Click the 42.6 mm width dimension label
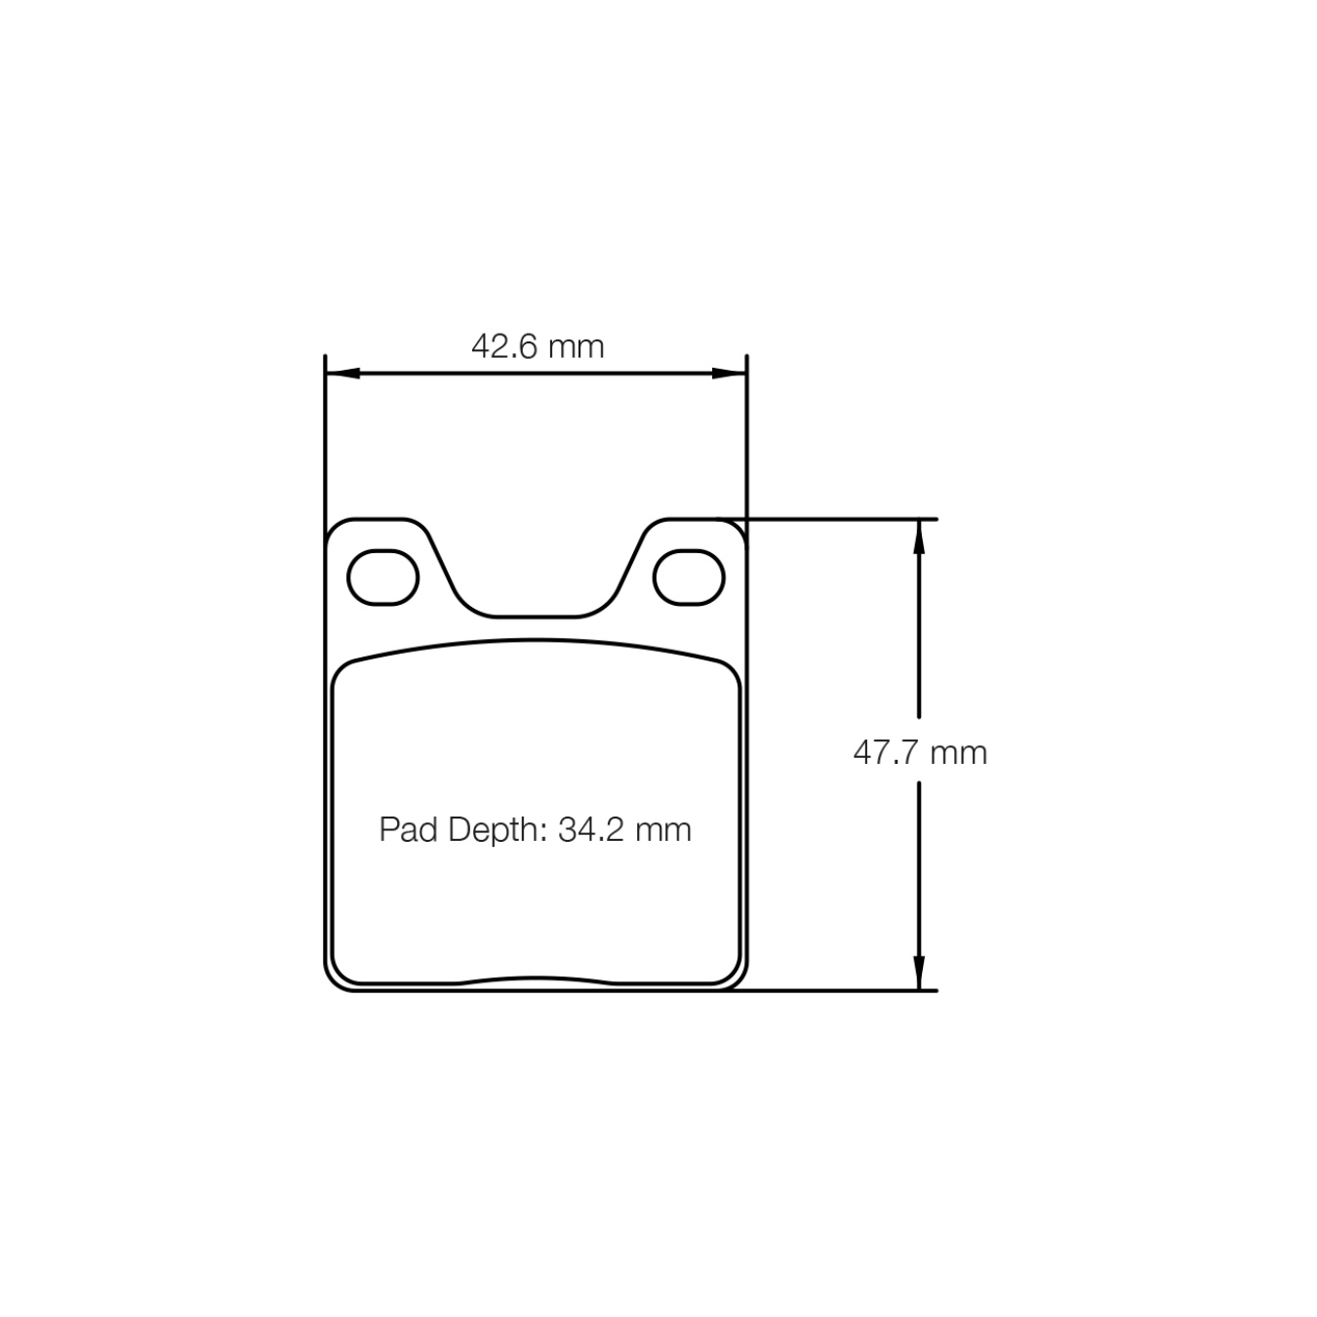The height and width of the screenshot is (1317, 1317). [538, 346]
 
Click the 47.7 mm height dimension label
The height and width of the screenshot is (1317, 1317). [920, 752]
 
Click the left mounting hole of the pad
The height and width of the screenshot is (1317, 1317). [383, 578]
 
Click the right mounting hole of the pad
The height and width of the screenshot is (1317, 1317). [689, 578]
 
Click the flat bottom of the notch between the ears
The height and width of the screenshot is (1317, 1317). [536, 617]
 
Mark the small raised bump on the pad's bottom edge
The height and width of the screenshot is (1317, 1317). [536, 978]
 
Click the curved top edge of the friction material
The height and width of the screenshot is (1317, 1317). [536, 641]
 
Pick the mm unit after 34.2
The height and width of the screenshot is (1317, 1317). [663, 829]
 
